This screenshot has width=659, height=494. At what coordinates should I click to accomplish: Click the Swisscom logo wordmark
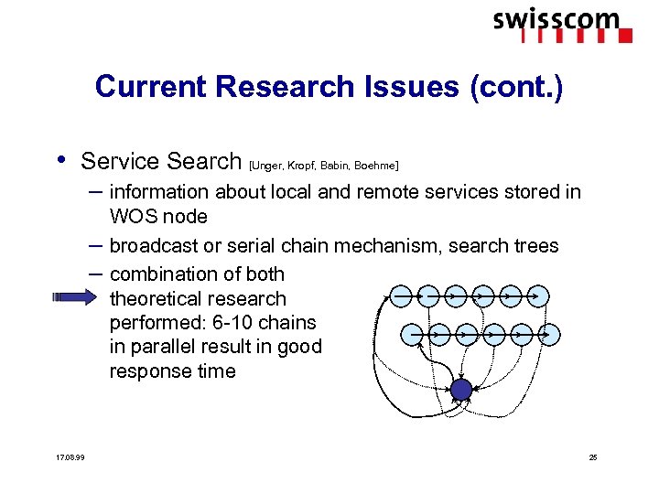click(556, 20)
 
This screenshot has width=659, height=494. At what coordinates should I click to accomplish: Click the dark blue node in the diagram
click(461, 391)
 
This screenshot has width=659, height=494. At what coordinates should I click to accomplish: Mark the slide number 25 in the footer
click(592, 456)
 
